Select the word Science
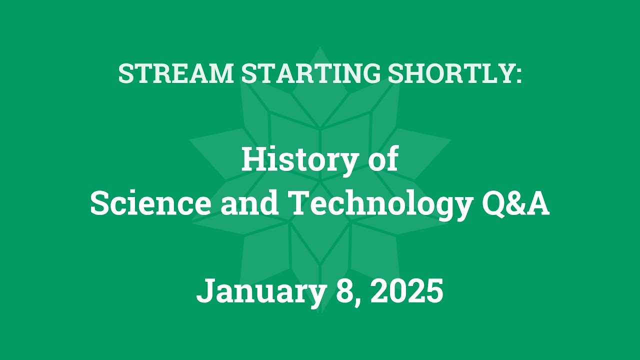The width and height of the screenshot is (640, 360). [x=151, y=204]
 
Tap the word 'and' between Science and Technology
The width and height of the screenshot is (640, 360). [x=249, y=204]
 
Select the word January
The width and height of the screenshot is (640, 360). [x=260, y=291]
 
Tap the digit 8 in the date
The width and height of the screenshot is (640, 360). [x=344, y=291]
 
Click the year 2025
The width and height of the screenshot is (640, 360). [x=406, y=291]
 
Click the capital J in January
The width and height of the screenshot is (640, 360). [x=205, y=291]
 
